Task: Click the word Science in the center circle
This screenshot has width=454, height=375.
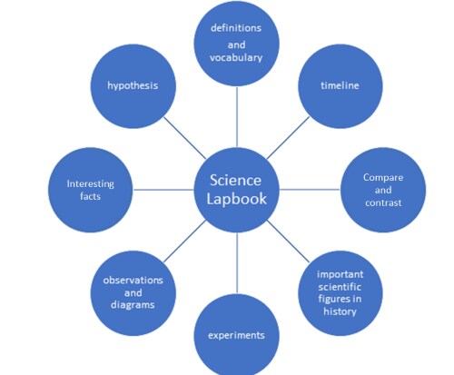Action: point(235,181)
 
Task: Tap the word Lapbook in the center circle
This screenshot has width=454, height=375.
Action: point(236,199)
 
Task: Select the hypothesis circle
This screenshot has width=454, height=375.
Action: point(133,86)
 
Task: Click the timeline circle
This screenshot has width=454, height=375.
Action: point(340,86)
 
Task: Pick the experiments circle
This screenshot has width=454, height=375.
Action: point(237,334)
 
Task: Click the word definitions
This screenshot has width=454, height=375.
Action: point(236,28)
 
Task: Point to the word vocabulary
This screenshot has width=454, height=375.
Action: point(236,58)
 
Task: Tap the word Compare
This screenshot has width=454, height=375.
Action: point(383,178)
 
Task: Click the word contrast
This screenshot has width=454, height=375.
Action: point(383,202)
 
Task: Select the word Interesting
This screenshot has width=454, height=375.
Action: point(91,184)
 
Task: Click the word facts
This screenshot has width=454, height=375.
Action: point(91,196)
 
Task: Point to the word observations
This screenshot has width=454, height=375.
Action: point(133,281)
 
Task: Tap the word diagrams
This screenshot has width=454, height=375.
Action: point(133,305)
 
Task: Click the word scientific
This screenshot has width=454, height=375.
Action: point(340,287)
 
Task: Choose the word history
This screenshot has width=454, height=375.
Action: point(340,311)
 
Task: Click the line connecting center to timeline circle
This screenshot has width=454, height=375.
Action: point(288,138)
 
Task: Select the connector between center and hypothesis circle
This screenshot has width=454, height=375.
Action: point(185,138)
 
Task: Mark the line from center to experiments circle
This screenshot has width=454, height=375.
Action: point(237,263)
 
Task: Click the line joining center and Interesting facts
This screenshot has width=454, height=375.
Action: point(163,190)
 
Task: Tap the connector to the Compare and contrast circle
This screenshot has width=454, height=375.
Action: point(310,190)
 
